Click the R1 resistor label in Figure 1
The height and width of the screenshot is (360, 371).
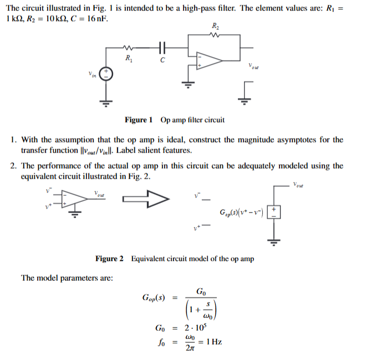coord(129,58)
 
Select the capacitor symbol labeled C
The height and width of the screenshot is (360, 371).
coord(162,48)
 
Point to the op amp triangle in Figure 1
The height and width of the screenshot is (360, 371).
coord(208,62)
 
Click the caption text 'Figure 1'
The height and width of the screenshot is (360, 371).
coord(139,120)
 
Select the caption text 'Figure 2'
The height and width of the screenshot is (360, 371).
coord(110,258)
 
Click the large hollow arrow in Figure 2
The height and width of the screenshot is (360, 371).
coord(146,198)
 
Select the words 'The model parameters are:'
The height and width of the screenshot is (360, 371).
coord(67,278)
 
